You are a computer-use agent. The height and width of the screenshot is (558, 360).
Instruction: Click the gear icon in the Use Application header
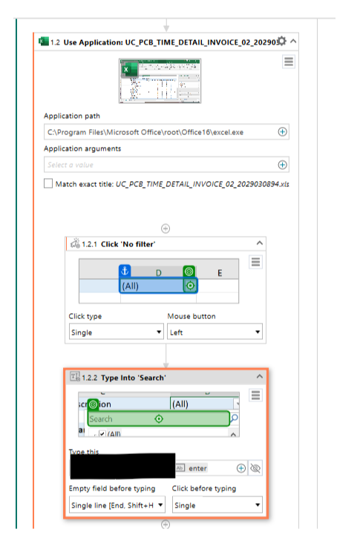point(281,42)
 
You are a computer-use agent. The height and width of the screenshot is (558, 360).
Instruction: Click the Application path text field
point(159,132)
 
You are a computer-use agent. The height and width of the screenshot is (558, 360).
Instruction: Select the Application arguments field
point(159,165)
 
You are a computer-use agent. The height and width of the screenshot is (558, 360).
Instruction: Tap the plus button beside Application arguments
point(282,165)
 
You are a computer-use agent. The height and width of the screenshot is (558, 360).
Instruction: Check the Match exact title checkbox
point(48,183)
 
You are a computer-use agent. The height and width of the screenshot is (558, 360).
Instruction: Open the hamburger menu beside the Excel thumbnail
point(289,62)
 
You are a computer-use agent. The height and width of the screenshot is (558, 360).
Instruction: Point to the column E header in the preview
point(220,273)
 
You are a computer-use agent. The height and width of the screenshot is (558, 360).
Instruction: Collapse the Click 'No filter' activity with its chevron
point(259,242)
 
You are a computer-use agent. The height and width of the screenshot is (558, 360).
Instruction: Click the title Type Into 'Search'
point(123,378)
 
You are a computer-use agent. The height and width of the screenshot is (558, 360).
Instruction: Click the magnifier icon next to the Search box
point(235,419)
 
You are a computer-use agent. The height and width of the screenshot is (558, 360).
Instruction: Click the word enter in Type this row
point(198,468)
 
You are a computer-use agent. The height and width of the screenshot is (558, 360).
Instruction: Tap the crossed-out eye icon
point(256,468)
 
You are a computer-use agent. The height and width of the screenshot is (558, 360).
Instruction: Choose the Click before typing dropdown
point(217,505)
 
